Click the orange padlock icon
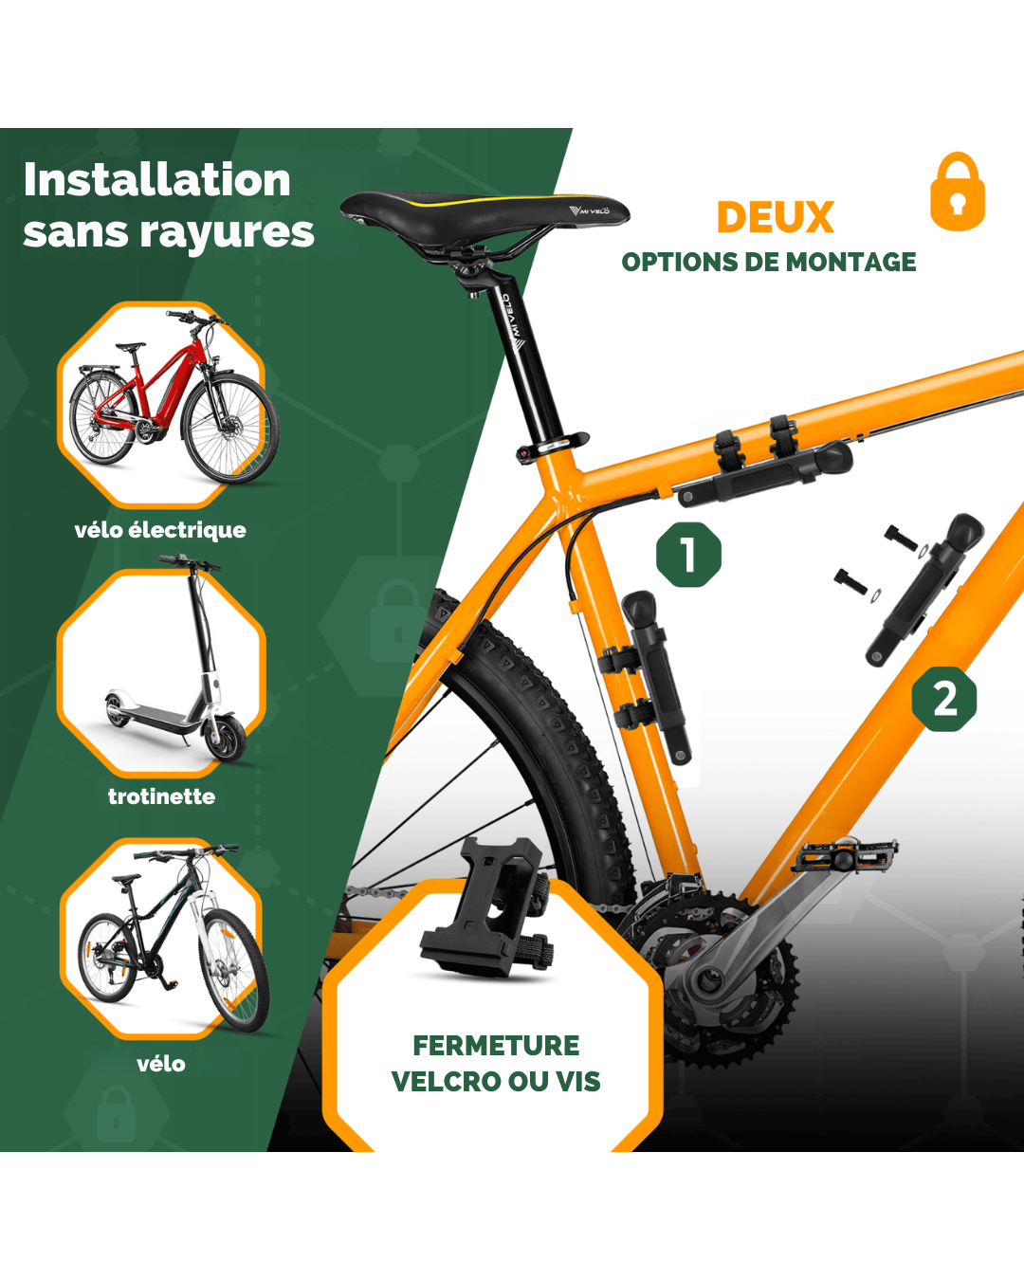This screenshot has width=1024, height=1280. point(958,192)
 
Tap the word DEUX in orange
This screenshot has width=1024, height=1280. point(776,217)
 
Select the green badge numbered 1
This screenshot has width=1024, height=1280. point(688,555)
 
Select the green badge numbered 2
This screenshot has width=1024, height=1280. point(944,699)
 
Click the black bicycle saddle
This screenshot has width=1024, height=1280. point(484,216)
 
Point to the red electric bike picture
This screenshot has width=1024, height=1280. point(174,396)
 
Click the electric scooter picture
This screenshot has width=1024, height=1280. point(176,659)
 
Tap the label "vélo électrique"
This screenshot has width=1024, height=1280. point(160,530)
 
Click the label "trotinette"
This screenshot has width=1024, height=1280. point(161,796)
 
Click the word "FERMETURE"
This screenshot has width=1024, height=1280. point(496,1045)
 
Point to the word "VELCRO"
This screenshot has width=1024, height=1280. point(446,1081)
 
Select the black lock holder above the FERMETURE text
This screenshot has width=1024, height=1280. point(486,907)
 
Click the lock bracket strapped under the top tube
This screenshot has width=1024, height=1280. point(765,465)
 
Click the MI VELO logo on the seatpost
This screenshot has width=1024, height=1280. point(513,321)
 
